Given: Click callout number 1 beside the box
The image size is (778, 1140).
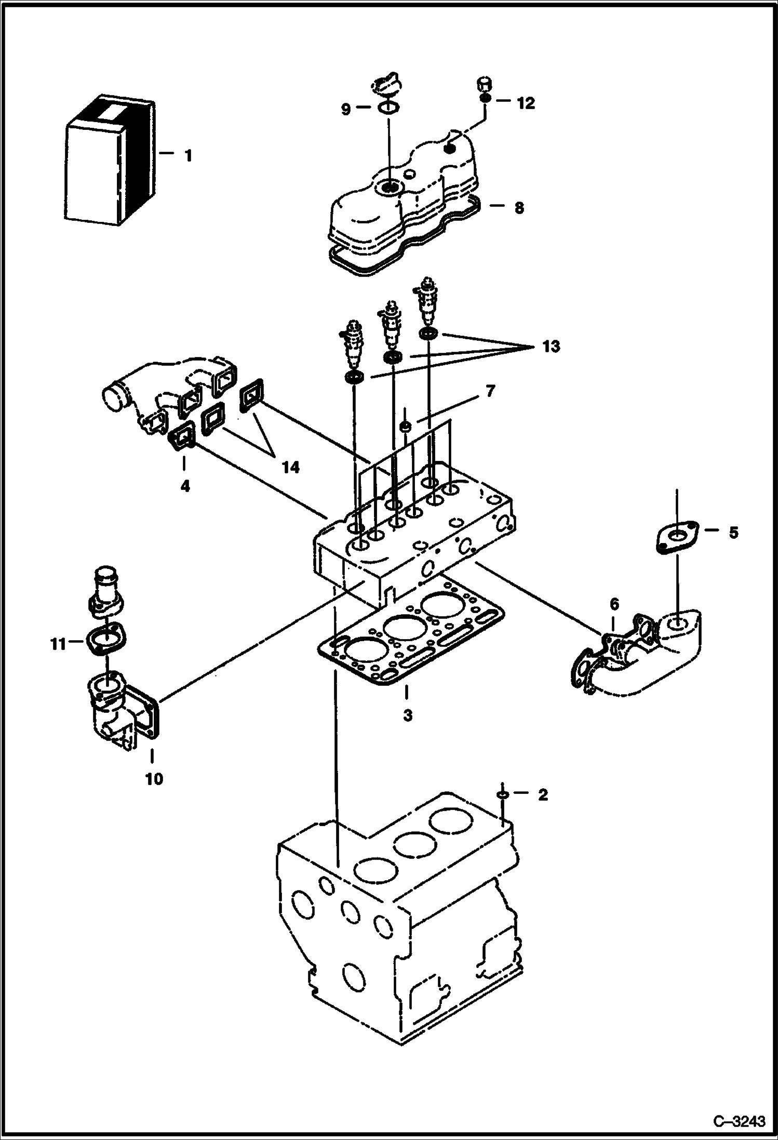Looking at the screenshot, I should pos(188,155).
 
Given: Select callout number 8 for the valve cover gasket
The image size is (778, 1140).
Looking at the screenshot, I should pos(518,208).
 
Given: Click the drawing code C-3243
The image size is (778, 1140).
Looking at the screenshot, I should pos(739,1121).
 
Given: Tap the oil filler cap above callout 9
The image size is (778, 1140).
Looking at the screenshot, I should pos(385,85).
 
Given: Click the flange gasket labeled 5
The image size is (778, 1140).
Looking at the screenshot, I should pos(675,537).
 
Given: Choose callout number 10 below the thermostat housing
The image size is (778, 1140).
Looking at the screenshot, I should pos(154,778).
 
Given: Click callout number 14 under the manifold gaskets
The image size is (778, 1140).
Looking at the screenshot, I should pos(290,468).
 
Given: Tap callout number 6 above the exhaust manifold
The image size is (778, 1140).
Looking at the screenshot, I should pos(614,604).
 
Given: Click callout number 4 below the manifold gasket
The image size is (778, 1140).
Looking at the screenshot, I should pos(185,486).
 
